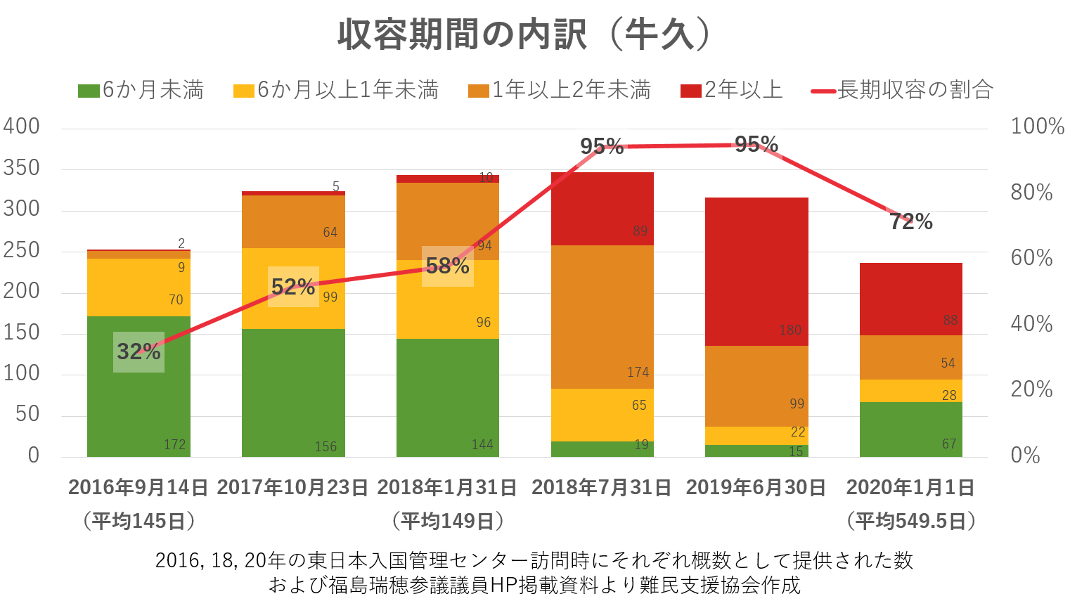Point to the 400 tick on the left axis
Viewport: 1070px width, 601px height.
point(22,127)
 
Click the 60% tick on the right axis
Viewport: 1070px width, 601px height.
point(1031,258)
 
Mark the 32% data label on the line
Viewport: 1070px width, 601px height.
point(138,351)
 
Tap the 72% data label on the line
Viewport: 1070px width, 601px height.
point(911,222)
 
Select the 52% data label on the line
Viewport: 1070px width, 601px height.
point(293,287)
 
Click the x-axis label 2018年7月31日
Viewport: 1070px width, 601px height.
point(602,487)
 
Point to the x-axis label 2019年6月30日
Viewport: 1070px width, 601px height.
point(756,487)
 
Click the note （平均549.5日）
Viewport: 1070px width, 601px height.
point(911,521)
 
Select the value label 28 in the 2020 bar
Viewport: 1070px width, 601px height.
point(949,395)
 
